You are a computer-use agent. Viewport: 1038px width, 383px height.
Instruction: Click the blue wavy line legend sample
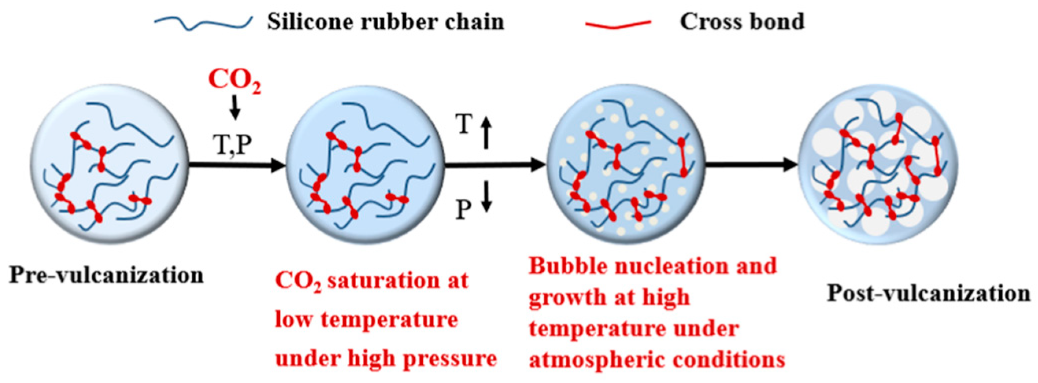tap(204, 23)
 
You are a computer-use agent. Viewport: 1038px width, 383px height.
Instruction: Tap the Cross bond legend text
tap(742, 22)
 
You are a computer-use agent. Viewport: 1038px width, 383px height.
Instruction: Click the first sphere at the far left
tap(109, 165)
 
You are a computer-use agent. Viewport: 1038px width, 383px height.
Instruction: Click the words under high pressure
tap(386, 358)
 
